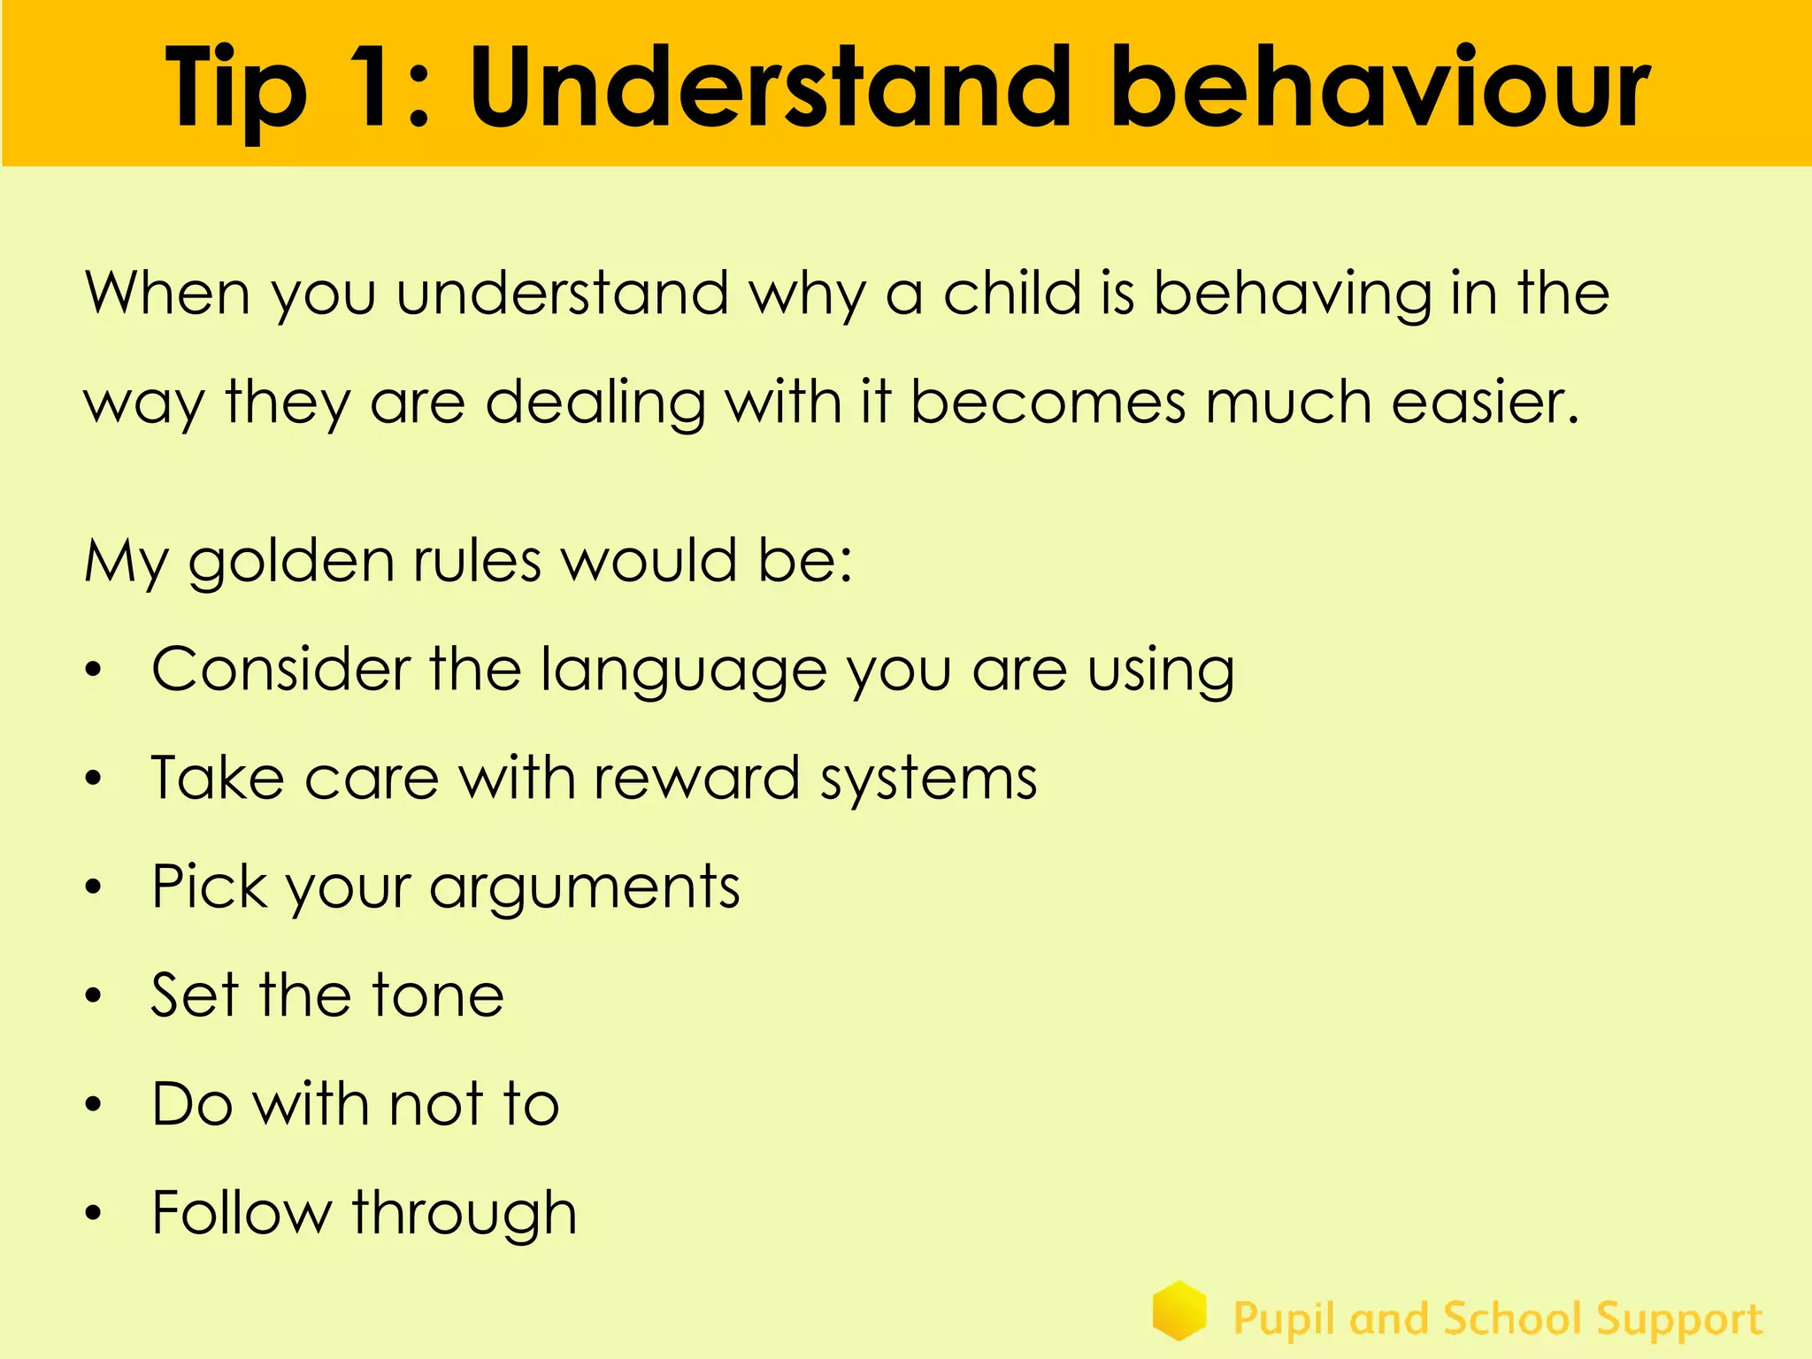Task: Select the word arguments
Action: click(x=584, y=888)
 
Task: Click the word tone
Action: click(x=438, y=995)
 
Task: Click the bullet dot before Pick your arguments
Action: click(x=94, y=887)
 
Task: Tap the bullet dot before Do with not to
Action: click(x=94, y=1104)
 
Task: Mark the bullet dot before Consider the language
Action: click(x=94, y=671)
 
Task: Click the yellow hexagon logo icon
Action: click(x=1179, y=1310)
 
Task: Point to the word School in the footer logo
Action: click(x=1512, y=1319)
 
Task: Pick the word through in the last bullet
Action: click(x=465, y=1214)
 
